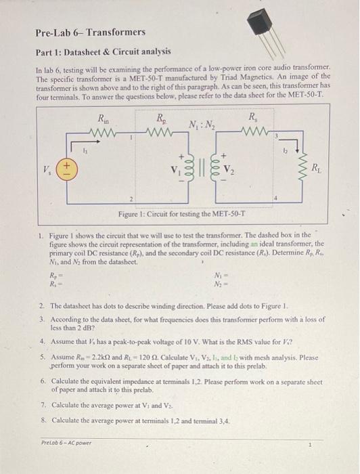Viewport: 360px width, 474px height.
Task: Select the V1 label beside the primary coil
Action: pos(171,168)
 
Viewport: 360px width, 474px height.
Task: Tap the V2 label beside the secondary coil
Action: pos(232,168)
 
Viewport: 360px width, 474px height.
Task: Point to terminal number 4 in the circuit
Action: pos(276,197)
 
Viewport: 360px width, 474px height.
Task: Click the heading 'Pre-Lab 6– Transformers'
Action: pos(90,32)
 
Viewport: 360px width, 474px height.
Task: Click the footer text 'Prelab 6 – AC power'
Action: pos(67,443)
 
